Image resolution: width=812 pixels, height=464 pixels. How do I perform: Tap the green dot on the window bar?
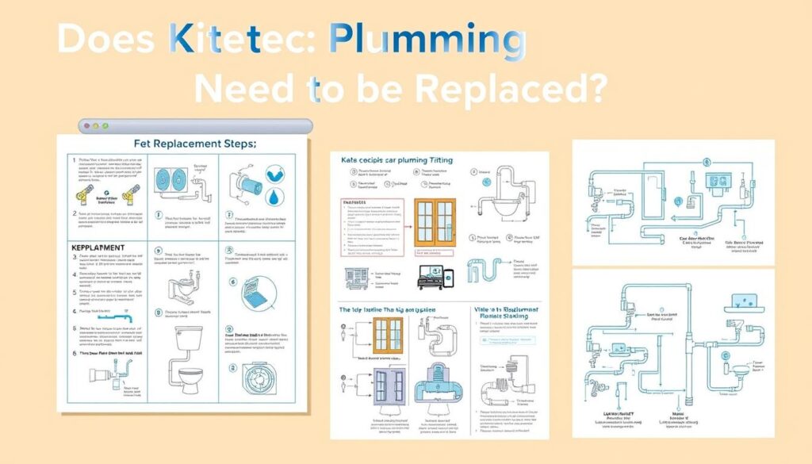[104, 126]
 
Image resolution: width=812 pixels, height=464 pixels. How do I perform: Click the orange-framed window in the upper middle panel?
[436, 224]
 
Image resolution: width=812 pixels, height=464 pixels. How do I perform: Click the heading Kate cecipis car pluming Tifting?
[396, 159]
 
